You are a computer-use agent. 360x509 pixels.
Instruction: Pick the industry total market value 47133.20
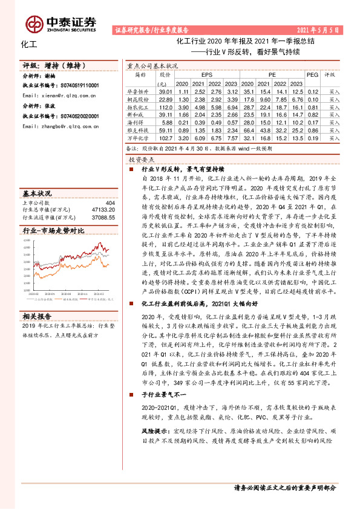tap(102, 210)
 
